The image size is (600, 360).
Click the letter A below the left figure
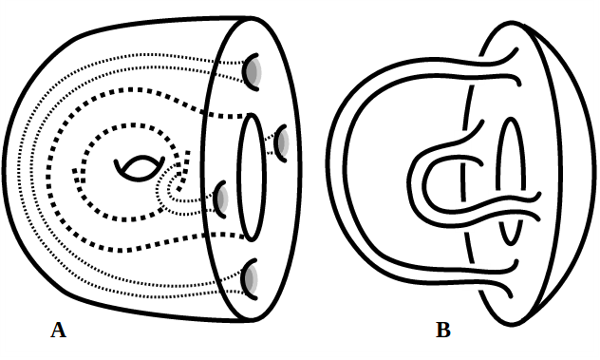[x=58, y=331]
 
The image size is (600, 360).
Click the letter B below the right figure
[x=442, y=331]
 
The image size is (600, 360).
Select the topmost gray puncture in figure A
[x=254, y=72]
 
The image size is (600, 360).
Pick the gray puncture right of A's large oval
[x=283, y=142]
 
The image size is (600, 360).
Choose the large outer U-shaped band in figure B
[x=347, y=180]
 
